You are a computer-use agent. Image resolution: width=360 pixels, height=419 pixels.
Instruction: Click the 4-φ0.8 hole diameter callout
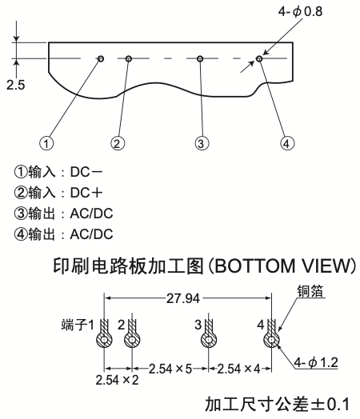300,11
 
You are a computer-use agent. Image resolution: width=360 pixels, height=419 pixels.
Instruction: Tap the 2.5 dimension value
15,85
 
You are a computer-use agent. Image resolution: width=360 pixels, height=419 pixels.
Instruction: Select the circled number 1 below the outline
46,143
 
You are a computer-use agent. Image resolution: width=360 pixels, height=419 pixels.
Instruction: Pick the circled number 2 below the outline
118,143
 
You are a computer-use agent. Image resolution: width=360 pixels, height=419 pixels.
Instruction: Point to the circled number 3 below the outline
202,143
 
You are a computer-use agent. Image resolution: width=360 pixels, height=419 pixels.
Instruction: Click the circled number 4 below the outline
287,143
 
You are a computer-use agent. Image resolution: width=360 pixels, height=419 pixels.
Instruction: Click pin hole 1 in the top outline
101,58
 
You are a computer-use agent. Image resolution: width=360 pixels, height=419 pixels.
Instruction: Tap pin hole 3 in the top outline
200,58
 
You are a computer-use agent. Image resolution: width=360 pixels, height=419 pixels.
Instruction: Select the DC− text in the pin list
86,172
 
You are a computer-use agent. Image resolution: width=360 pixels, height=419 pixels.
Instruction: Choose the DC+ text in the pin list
86,193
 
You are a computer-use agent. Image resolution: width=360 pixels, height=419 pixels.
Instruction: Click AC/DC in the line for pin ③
91,213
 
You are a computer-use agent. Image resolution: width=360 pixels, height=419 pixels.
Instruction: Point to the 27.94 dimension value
183,298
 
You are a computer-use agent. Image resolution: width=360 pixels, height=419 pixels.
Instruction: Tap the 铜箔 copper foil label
310,291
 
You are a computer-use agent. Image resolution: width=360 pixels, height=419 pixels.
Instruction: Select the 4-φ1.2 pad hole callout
316,362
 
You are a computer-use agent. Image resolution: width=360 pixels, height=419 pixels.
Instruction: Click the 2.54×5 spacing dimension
170,369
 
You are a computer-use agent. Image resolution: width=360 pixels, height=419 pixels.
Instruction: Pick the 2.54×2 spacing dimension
117,380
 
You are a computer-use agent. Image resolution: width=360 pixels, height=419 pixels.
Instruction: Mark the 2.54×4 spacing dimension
238,369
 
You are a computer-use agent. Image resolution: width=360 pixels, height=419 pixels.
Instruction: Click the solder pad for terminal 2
132,340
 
